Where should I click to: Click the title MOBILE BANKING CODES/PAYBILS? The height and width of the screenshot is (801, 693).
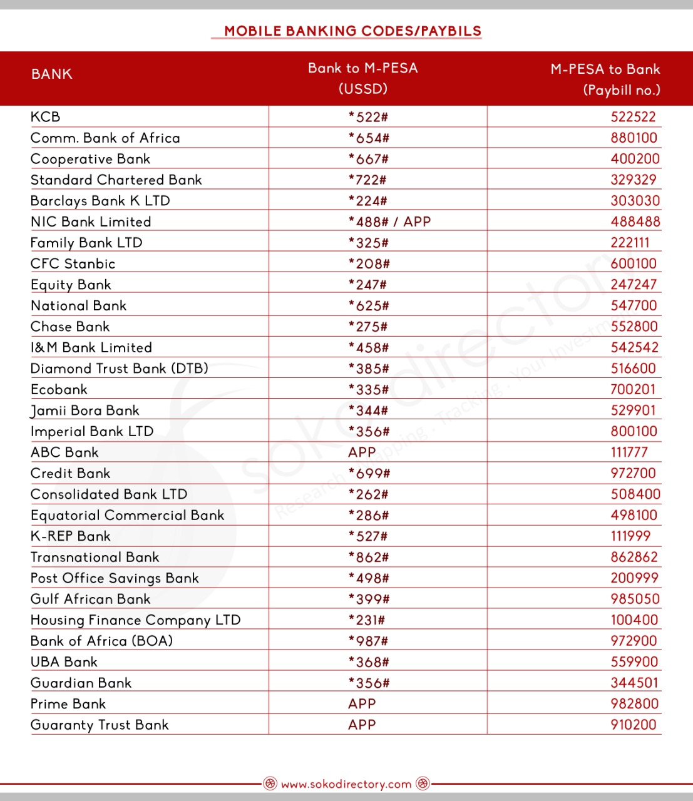tap(352, 31)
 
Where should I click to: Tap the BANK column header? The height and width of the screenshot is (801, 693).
tap(52, 74)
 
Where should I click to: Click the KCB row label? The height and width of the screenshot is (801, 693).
tap(46, 117)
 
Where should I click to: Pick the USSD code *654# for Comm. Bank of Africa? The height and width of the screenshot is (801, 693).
tap(369, 138)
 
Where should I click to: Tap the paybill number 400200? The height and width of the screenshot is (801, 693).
tap(635, 159)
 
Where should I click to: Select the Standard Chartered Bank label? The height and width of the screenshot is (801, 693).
tap(116, 180)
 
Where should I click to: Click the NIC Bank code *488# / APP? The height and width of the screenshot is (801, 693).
tap(389, 222)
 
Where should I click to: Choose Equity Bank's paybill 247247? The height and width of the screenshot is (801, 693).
tap(634, 285)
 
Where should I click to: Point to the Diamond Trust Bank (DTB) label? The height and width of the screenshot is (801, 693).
tap(120, 369)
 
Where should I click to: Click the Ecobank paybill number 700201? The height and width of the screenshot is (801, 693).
tap(633, 389)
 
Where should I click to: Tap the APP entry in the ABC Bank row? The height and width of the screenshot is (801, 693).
tap(362, 452)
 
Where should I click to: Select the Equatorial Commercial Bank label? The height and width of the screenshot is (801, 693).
tap(128, 516)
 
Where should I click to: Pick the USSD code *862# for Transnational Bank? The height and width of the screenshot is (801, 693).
tap(369, 558)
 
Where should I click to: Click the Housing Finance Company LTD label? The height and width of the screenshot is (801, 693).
tap(136, 620)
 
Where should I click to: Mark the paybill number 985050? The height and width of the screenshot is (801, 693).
tap(635, 599)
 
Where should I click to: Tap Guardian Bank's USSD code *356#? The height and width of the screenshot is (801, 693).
tap(369, 683)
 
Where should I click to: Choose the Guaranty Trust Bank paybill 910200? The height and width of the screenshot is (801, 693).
tap(634, 725)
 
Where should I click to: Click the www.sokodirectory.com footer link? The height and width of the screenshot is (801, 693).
tap(346, 784)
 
